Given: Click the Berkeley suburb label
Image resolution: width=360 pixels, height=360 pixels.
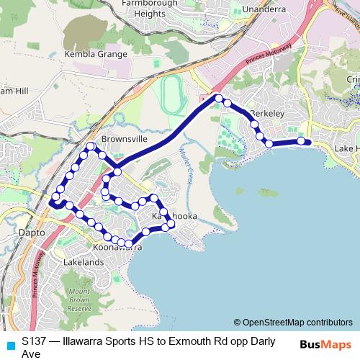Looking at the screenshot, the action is [264, 114].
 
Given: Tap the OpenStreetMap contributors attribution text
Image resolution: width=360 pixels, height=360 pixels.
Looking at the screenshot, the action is [293, 322].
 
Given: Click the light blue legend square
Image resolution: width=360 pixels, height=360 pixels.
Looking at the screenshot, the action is [9, 345].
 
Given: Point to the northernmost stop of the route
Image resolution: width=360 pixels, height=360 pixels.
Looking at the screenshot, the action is [217, 98].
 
